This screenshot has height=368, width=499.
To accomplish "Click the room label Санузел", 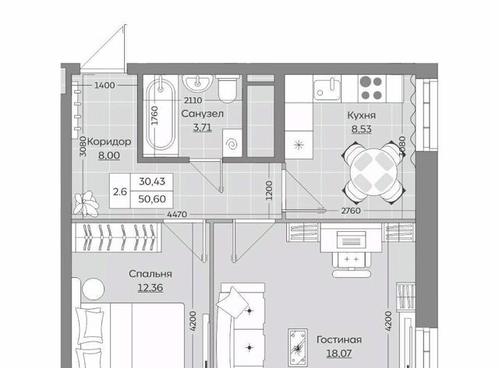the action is [203, 114].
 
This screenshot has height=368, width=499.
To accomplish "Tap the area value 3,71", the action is [203, 128].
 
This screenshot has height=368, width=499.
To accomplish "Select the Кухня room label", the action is [361, 115].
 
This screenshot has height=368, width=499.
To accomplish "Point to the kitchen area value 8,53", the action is [361, 129].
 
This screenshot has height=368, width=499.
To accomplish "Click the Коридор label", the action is [109, 142].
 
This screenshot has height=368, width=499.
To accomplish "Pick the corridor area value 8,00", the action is [109, 156].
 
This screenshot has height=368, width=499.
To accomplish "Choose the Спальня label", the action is [150, 274].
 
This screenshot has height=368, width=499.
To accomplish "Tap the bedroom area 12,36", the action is [150, 288].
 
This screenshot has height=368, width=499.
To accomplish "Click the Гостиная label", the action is [339, 340].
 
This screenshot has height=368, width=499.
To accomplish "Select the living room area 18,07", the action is [339, 353].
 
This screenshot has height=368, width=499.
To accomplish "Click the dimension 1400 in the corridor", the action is [104, 86].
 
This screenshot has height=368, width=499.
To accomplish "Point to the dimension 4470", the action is [177, 215].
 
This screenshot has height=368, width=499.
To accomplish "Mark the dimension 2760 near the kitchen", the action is [351, 211].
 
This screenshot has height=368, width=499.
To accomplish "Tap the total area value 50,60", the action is [152, 199].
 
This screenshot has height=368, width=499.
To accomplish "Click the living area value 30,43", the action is [152, 181].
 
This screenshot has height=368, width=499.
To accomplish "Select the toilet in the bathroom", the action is [227, 89].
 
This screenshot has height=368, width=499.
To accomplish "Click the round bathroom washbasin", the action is [197, 83].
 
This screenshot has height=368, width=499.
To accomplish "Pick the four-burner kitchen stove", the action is [371, 88].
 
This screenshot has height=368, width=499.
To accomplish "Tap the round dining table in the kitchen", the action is [374, 173].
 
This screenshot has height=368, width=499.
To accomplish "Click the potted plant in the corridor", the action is [86, 204].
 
